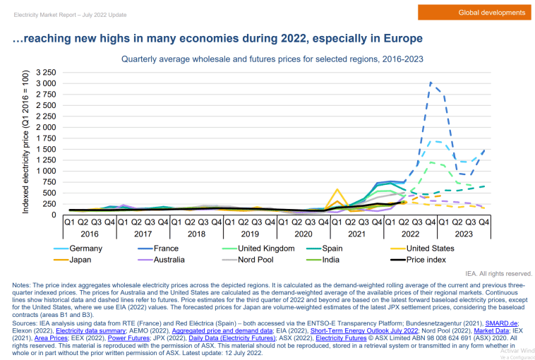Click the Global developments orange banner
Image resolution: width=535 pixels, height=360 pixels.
pos(492,13)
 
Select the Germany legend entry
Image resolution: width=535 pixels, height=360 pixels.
pos(85,248)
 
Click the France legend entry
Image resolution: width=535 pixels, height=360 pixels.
pos(165,248)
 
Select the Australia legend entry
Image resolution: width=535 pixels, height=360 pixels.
pos(169,259)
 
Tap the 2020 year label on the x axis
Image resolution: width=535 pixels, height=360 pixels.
pos(303,233)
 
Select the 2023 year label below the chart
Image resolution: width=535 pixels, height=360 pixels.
pos(464,233)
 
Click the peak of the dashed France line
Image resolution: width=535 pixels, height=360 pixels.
pos(431,83)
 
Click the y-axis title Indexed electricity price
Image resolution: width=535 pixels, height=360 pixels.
pos(25,143)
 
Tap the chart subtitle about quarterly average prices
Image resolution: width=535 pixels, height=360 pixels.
pos(272,59)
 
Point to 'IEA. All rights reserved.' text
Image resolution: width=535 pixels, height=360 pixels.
pos(498,273)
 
